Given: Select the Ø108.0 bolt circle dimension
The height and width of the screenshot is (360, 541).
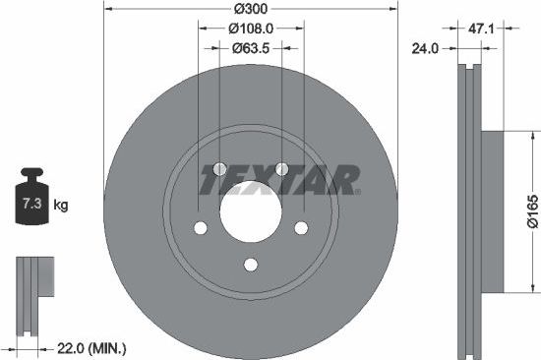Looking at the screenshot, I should [x=251, y=30].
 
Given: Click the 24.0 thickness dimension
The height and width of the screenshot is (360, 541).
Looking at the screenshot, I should [x=425, y=46].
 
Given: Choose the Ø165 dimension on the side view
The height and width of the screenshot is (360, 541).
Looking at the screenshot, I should [x=530, y=210].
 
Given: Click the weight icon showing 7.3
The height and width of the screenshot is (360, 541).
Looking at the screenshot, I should [x=33, y=204].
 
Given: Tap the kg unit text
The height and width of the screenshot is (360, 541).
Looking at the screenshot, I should [x=61, y=206].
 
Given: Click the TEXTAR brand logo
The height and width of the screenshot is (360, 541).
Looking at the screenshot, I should [x=280, y=180].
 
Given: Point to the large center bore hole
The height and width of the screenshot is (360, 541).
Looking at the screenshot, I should [x=250, y=210].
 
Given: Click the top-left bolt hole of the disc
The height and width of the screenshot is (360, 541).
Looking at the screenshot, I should [x=219, y=168].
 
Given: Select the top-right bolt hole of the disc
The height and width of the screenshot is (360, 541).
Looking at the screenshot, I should [x=281, y=168].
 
